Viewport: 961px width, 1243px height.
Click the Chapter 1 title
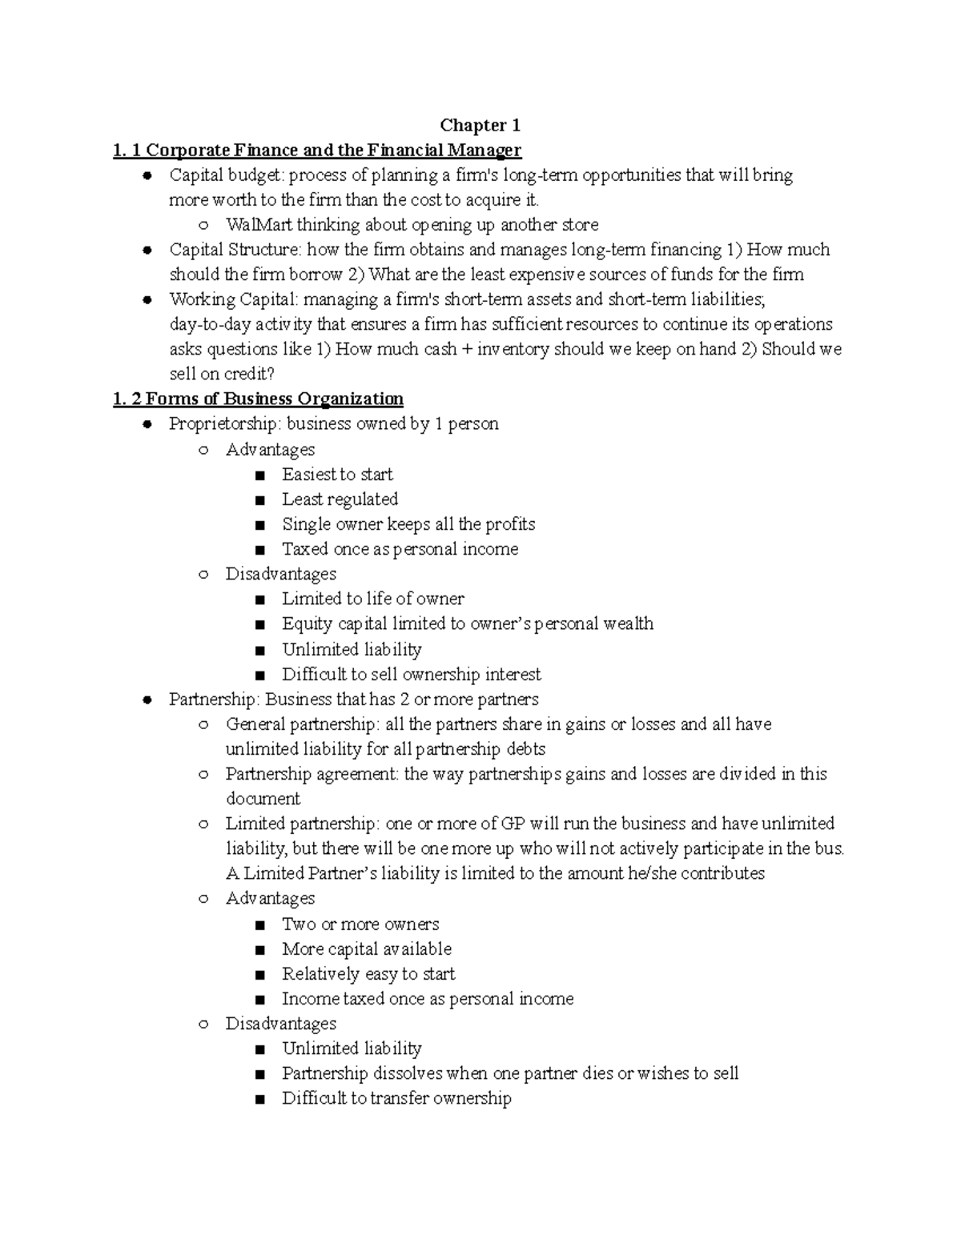(480, 126)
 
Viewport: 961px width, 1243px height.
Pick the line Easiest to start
(337, 475)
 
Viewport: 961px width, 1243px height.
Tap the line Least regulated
(340, 499)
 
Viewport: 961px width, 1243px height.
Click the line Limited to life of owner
(372, 599)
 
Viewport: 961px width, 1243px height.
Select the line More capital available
(366, 949)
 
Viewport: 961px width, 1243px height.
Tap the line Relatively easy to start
(368, 974)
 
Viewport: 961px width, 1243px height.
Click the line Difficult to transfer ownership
(396, 1098)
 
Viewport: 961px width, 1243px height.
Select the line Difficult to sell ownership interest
(411, 675)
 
